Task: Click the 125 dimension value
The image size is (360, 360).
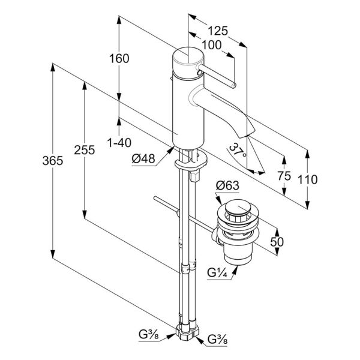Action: tap(218, 31)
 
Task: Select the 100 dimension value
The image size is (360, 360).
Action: tap(211, 45)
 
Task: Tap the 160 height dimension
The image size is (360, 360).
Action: tap(119, 59)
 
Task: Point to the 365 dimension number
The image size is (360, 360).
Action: tap(53, 161)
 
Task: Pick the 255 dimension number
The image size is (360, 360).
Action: tap(84, 150)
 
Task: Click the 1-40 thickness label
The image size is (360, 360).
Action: tap(119, 143)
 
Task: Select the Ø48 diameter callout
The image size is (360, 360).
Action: tap(143, 158)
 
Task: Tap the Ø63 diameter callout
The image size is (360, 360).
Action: tap(227, 185)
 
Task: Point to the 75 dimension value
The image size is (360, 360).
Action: tap(284, 176)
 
